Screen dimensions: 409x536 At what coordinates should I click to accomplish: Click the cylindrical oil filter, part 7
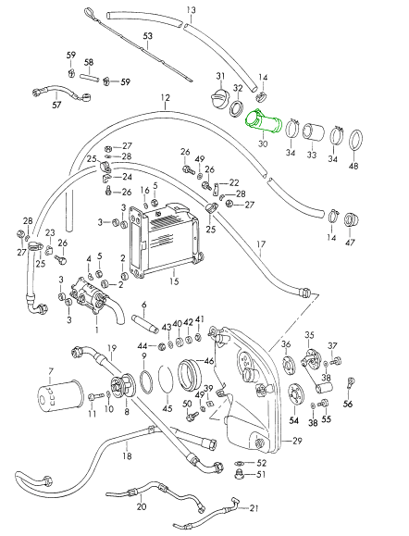pyautogui.click(x=60, y=395)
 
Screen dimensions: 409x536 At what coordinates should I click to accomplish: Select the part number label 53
pyautogui.click(x=148, y=36)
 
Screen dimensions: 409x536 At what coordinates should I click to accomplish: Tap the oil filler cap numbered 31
pyautogui.click(x=218, y=99)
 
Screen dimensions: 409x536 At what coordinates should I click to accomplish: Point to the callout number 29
pyautogui.click(x=297, y=441)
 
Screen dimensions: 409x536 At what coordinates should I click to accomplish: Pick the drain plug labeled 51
pyautogui.click(x=241, y=475)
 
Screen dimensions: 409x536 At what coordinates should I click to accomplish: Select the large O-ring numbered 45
pyautogui.click(x=167, y=380)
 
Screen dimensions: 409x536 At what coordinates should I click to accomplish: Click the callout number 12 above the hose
pyautogui.click(x=165, y=98)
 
